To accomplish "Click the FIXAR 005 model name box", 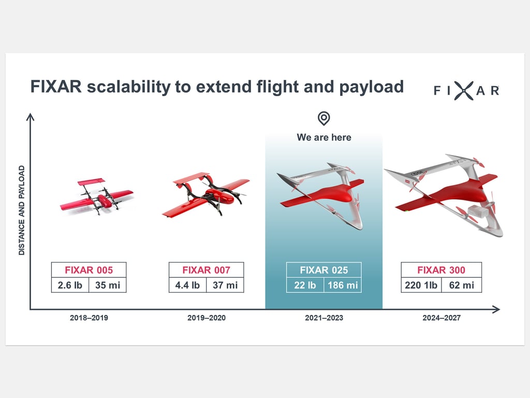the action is click(x=89, y=270).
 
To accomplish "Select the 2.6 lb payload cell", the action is click(x=70, y=285).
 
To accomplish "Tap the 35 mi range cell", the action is click(x=108, y=285).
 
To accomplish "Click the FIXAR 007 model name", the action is click(x=206, y=270).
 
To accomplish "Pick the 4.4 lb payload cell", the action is click(x=187, y=285).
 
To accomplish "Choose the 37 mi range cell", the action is click(x=225, y=285).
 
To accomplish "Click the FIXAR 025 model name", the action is click(x=324, y=270).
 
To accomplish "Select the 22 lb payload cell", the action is click(x=305, y=285).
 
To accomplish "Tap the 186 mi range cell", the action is click(x=343, y=285).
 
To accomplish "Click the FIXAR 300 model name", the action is click(x=441, y=270).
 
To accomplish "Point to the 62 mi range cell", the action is click(x=461, y=285).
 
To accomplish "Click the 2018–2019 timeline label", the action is click(x=89, y=318).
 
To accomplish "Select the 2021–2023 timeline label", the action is click(x=324, y=318).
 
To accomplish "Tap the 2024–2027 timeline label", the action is click(x=441, y=318).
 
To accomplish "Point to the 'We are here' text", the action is click(x=324, y=137).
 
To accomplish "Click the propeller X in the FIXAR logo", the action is click(x=463, y=91).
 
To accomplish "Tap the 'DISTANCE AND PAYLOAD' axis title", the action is click(x=22, y=210).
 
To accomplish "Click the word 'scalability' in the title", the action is click(x=129, y=87).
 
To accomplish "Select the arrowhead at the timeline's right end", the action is click(x=496, y=309).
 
